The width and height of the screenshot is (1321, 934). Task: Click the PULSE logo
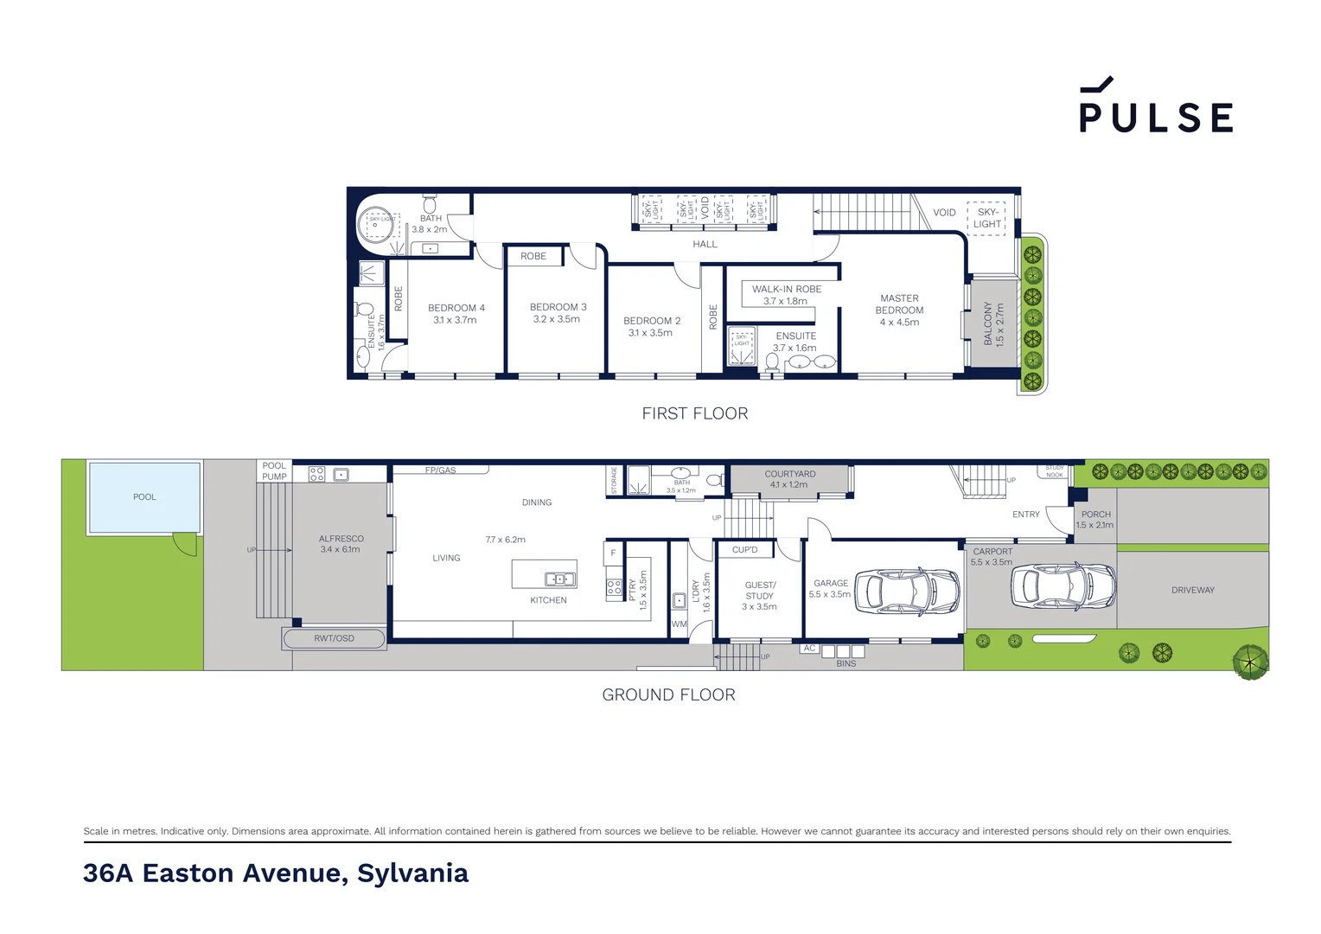pos(1155,106)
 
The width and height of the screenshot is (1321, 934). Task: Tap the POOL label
pos(144,497)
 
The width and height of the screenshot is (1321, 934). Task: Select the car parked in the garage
pos(907,592)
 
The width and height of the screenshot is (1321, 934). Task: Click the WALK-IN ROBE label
pos(786,289)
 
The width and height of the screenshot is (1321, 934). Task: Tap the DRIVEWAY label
pos(1192,590)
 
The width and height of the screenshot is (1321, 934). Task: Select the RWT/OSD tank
pos(334,638)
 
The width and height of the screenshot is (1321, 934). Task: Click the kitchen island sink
pos(559,579)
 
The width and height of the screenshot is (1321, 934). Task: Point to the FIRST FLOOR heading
pos(694,413)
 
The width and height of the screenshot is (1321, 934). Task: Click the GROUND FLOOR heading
pos(668,694)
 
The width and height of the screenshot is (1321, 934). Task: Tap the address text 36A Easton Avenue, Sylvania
pos(276,873)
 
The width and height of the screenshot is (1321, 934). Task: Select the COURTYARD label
pos(789,474)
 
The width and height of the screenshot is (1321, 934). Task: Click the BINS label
pos(846,663)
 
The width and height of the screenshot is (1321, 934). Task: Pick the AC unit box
pos(809,648)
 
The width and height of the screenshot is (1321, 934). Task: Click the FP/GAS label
pos(440,470)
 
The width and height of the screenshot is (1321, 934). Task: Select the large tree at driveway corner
pos(1249,662)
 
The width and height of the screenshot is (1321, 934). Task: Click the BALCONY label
pos(988,323)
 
